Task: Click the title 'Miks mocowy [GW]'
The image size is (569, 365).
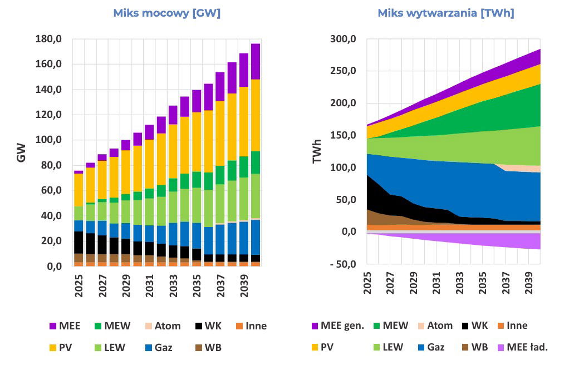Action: point(166,13)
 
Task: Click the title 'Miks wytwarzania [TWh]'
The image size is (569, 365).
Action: point(445,13)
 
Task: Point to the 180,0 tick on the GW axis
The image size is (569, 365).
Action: point(49,39)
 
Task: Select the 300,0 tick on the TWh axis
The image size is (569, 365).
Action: point(343,39)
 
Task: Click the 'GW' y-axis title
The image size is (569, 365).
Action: point(21,154)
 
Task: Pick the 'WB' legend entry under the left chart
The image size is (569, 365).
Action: point(213,348)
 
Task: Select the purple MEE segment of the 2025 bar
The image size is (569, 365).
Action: point(79,172)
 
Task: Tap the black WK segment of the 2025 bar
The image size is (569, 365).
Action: point(79,242)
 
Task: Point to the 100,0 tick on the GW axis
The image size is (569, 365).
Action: point(49,140)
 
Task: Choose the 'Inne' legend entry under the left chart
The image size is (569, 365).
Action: point(256,325)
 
